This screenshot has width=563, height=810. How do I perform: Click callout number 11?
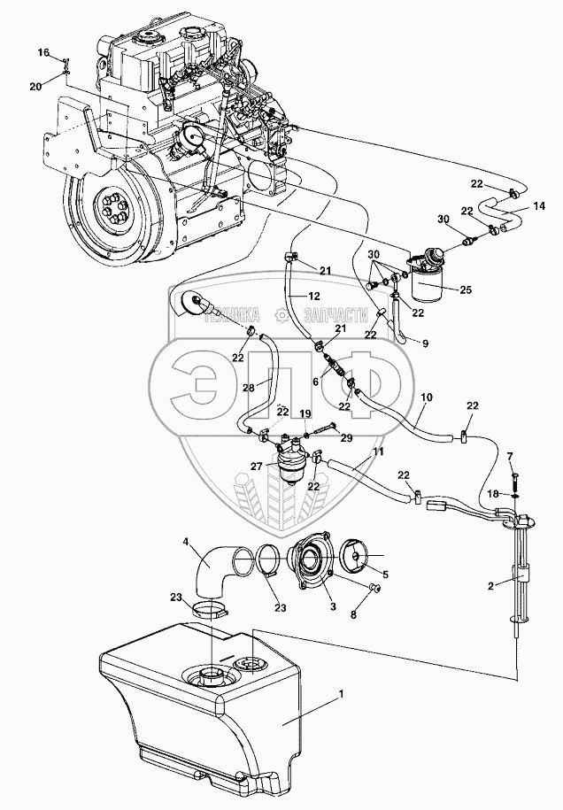tap(379, 451)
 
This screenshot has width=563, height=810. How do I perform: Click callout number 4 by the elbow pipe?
tap(186, 540)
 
